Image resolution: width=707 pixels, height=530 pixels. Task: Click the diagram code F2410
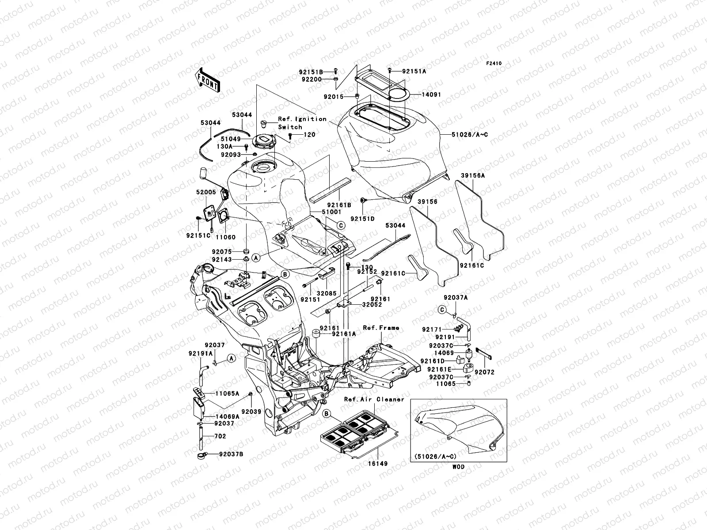(x=494, y=64)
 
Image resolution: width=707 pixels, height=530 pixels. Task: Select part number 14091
(x=431, y=95)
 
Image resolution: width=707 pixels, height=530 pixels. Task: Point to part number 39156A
(x=473, y=175)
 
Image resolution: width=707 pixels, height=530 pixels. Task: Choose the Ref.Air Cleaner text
(x=374, y=399)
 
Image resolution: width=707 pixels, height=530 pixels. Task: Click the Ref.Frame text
(x=381, y=328)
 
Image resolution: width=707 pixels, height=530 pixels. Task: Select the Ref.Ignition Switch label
(x=302, y=123)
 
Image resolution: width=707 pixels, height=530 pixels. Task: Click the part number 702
(x=220, y=436)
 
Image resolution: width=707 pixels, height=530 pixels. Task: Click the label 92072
(x=485, y=372)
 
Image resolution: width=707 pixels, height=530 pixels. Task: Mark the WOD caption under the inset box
(x=459, y=466)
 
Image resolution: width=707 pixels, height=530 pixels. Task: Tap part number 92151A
(x=414, y=71)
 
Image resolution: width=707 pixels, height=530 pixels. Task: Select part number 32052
(x=372, y=304)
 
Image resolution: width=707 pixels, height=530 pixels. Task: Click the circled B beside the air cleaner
(x=327, y=414)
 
